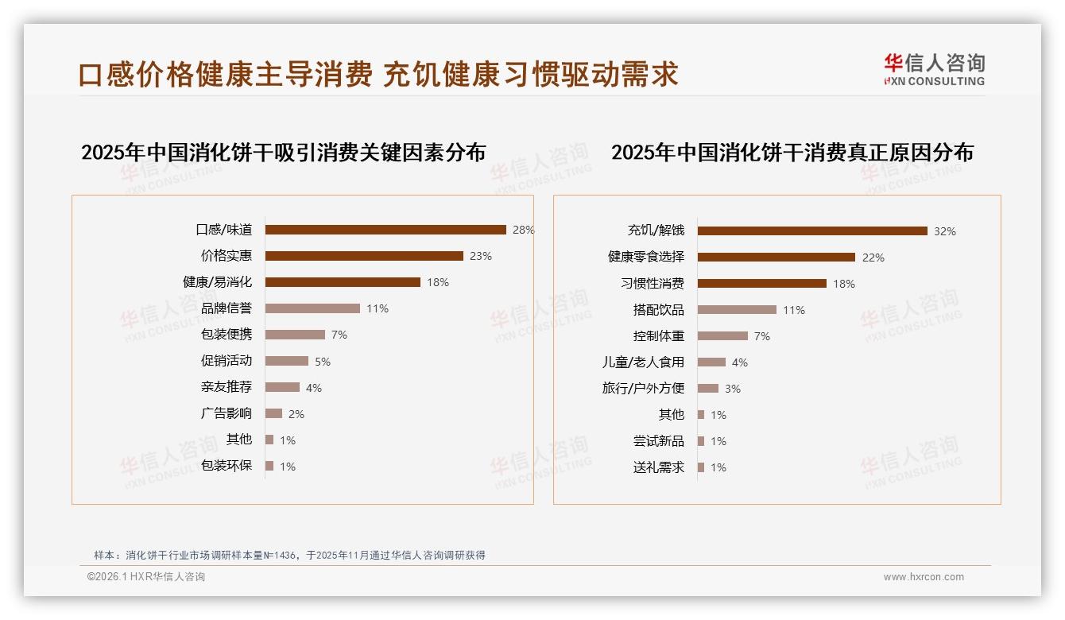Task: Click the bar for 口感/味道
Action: pyautogui.click(x=385, y=230)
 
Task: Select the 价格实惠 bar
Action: pyautogui.click(x=364, y=256)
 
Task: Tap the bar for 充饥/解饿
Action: pyautogui.click(x=812, y=231)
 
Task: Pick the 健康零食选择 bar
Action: pyautogui.click(x=776, y=258)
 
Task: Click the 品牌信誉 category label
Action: pyautogui.click(x=227, y=308)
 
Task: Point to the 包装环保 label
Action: pyautogui.click(x=227, y=466)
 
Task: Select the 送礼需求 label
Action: pyautogui.click(x=658, y=467)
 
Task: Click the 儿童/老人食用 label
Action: pyautogui.click(x=643, y=362)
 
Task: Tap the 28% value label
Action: pyautogui.click(x=523, y=230)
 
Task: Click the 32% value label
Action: pyautogui.click(x=944, y=231)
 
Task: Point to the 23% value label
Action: pyautogui.click(x=480, y=256)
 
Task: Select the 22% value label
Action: pyautogui.click(x=873, y=258)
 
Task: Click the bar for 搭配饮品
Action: pyautogui.click(x=737, y=310)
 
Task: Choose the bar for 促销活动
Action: pyautogui.click(x=287, y=361)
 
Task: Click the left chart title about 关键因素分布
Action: pyautogui.click(x=283, y=152)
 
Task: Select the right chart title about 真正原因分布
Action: pyautogui.click(x=792, y=152)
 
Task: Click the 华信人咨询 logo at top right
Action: pyautogui.click(x=934, y=70)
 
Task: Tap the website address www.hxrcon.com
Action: pyautogui.click(x=924, y=577)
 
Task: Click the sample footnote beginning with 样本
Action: pyautogui.click(x=289, y=556)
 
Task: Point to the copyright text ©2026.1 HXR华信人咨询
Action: pyautogui.click(x=146, y=577)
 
